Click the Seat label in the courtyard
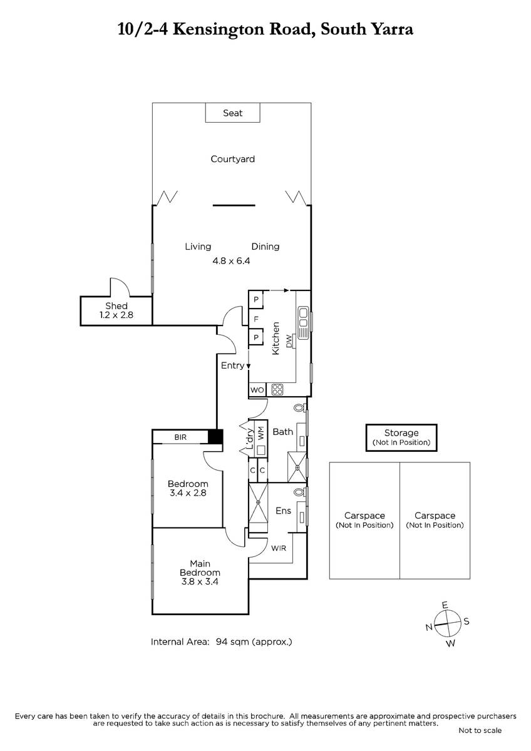point(232,113)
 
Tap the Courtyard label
point(232,159)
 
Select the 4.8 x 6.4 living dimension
point(231,261)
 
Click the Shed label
point(116,306)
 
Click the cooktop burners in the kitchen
point(277,389)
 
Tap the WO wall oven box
point(257,390)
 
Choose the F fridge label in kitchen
point(255,319)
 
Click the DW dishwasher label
point(289,341)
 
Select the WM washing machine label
point(261,433)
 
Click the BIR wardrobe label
point(180,437)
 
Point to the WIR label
point(279,548)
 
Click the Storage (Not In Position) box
point(401,437)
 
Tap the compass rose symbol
point(448,624)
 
